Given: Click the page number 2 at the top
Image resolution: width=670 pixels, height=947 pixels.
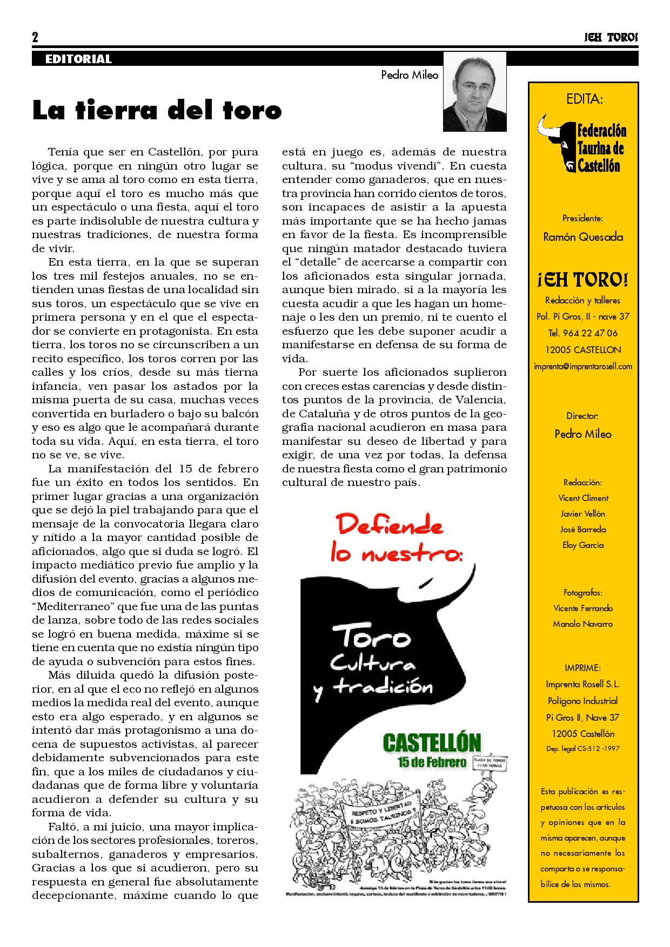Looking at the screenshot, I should point(35,38).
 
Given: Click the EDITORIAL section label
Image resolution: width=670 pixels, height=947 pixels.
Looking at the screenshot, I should point(78,59).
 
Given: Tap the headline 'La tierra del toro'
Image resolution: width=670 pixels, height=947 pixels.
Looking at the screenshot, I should point(157,110).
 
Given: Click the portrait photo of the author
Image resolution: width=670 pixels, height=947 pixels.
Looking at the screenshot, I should point(474,92).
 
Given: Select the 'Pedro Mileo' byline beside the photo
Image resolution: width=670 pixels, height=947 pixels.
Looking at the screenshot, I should point(409,75).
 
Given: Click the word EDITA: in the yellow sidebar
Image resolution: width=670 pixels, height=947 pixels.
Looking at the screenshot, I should point(584,99).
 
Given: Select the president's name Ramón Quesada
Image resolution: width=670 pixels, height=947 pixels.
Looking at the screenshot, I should point(583,237).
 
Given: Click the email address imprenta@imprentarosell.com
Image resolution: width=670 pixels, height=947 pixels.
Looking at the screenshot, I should point(583,367).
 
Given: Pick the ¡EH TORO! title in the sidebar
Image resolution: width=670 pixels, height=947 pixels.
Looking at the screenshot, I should point(583,280).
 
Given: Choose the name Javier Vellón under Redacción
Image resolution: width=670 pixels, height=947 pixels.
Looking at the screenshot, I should point(583,513).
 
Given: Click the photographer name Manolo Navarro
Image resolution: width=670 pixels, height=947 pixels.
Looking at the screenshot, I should point(583,624).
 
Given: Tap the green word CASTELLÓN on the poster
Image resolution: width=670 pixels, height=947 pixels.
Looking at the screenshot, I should point(432,743).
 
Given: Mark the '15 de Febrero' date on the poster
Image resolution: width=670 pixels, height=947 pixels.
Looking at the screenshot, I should point(439,762).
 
